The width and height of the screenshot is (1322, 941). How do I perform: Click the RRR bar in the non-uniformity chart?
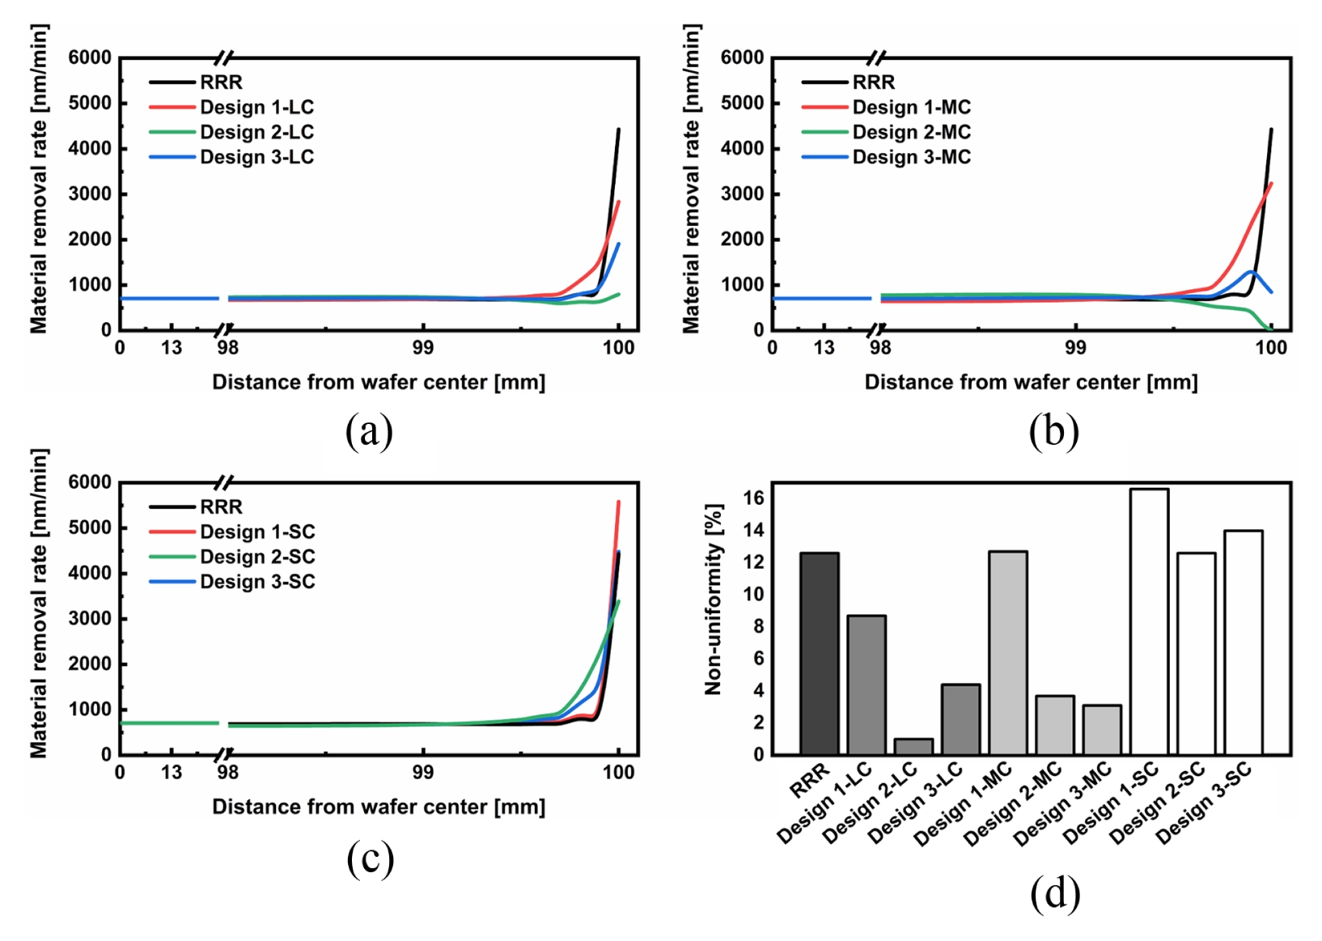[x=819, y=654]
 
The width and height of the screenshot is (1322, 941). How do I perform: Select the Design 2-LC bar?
[x=913, y=747]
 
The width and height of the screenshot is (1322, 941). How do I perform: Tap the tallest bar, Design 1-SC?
[x=1149, y=621]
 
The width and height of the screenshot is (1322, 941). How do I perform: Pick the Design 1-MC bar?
[x=1008, y=653]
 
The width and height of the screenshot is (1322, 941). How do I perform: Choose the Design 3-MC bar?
[x=1102, y=730]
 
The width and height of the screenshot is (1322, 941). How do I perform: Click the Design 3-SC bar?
[x=1244, y=642]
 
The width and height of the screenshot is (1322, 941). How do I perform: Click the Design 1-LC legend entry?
[x=231, y=107]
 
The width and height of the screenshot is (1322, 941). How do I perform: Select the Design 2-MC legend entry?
[x=886, y=132]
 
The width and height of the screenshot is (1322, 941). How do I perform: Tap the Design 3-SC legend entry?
[x=232, y=582]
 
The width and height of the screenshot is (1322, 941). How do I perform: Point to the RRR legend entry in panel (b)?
[x=848, y=82]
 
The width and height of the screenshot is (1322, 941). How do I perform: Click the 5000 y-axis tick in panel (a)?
[x=90, y=104]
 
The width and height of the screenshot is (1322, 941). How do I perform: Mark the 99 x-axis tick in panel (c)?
[x=422, y=772]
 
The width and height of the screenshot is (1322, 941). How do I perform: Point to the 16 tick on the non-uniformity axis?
[x=753, y=499]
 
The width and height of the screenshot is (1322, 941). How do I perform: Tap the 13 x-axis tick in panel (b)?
[x=824, y=348]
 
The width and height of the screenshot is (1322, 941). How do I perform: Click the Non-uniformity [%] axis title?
[x=714, y=600]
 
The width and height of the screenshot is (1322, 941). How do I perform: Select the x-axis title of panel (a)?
[x=379, y=383]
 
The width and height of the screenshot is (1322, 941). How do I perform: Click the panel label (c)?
[x=370, y=858]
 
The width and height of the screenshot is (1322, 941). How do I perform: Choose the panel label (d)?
[x=1055, y=893]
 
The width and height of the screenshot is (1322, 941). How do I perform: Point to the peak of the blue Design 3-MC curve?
[x=1250, y=272]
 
